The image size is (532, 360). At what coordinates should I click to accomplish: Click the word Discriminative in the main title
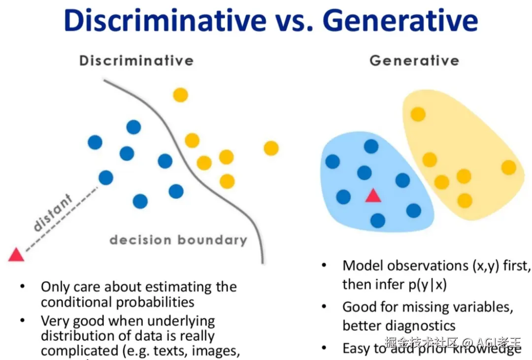[165, 21]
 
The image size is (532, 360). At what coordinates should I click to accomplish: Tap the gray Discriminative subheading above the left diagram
[136, 61]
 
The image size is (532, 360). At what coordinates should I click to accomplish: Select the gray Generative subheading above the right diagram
[414, 61]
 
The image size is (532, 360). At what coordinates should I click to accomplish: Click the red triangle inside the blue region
[373, 196]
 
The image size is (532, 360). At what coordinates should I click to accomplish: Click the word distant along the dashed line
[53, 213]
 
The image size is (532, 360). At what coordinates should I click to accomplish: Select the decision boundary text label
[178, 240]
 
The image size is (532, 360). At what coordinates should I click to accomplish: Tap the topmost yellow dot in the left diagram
[181, 95]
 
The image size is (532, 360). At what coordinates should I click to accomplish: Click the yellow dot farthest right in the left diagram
[271, 148]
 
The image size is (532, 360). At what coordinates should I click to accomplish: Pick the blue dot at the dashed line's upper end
[105, 177]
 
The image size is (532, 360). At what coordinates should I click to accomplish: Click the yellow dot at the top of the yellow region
[418, 114]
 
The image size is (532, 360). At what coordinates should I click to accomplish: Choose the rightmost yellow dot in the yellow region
[508, 167]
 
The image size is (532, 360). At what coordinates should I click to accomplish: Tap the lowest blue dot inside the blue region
[378, 220]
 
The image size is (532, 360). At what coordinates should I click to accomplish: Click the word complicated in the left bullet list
[78, 351]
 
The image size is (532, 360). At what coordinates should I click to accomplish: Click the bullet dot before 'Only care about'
[22, 287]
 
